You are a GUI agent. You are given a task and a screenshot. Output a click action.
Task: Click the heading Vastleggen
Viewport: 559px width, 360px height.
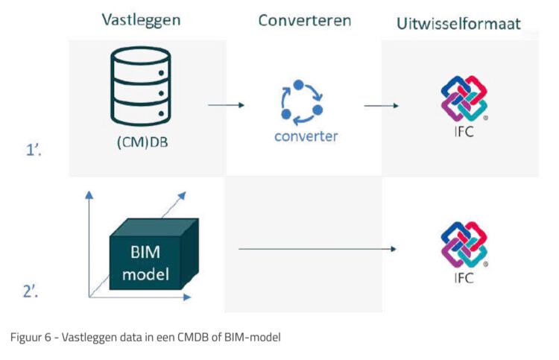[141, 20]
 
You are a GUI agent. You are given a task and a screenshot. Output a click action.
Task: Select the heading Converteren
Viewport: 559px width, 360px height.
[304, 20]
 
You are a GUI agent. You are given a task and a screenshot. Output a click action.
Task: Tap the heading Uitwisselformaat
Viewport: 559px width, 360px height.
[458, 24]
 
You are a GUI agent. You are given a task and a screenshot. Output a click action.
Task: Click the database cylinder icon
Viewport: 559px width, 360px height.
[141, 86]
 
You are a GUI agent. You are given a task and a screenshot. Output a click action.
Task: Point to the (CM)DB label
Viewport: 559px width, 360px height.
[142, 142]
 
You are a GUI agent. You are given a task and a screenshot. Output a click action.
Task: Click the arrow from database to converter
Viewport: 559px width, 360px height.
[227, 105]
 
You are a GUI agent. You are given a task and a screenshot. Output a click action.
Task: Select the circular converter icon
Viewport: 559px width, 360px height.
[302, 103]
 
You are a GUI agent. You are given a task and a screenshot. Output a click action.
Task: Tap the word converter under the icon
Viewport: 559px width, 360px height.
[306, 136]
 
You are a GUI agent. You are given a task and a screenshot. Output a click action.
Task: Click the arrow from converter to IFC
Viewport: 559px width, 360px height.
[381, 106]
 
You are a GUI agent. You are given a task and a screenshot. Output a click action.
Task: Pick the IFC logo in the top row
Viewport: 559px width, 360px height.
[464, 98]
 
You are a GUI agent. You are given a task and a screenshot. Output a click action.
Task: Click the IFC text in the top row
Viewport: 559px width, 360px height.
[464, 132]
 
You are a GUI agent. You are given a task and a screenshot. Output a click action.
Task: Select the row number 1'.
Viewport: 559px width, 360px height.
[34, 149]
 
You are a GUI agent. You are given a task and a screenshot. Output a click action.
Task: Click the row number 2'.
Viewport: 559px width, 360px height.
[31, 291]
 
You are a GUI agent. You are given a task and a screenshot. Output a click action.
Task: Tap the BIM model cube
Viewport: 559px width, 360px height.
[154, 253]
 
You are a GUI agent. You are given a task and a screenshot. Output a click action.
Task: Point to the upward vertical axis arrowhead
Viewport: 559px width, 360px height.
[89, 195]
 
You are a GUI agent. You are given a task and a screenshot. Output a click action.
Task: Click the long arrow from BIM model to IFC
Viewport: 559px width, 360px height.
[318, 249]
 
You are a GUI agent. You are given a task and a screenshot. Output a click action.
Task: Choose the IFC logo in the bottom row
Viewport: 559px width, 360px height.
[464, 244]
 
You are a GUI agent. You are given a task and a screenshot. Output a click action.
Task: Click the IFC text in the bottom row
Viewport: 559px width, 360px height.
[464, 278]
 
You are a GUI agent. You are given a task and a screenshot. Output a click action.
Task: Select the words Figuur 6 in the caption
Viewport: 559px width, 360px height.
[31, 337]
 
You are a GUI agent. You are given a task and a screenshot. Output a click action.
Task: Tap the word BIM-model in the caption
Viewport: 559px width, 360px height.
[253, 337]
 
